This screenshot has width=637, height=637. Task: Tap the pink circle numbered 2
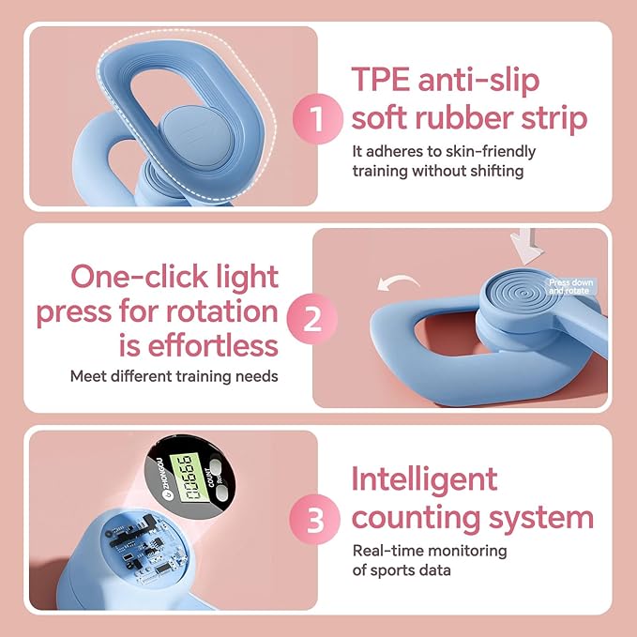click(x=314, y=319)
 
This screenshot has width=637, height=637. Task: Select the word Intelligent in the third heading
click(x=424, y=478)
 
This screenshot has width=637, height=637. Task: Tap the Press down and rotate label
click(x=569, y=286)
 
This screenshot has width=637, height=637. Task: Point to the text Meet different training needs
click(x=174, y=376)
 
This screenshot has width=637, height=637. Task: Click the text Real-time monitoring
click(x=430, y=551)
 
